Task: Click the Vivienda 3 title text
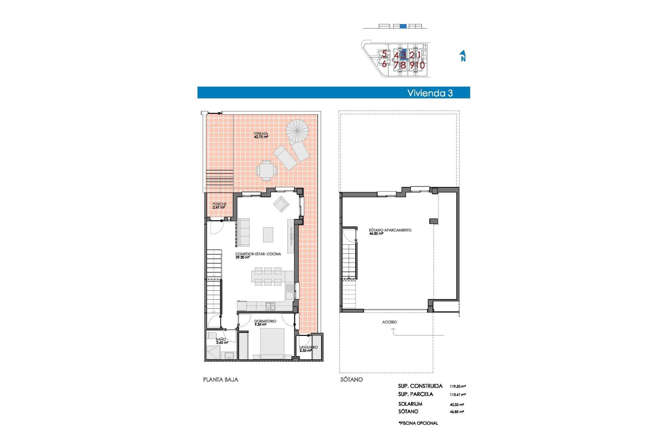pos(430,93)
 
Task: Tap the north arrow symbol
pos(463,56)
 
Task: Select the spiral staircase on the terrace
pos(297,131)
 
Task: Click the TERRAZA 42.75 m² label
pos(261,135)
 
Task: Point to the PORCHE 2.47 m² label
pos(219,206)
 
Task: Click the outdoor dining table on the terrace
pos(267,171)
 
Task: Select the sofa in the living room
pos(244,232)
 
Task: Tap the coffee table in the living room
pos(268,235)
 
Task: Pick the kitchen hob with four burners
pos(270,306)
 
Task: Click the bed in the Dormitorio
pos(272,342)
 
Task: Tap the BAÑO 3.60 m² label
pos(221,341)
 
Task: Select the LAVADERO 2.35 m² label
pos(308,349)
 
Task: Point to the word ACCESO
pos(389,322)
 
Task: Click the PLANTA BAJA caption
pos(221,380)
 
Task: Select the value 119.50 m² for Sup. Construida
pos(458,386)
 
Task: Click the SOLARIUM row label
pos(410,404)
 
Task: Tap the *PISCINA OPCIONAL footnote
pos(418,423)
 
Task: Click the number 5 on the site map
pos(384,54)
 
